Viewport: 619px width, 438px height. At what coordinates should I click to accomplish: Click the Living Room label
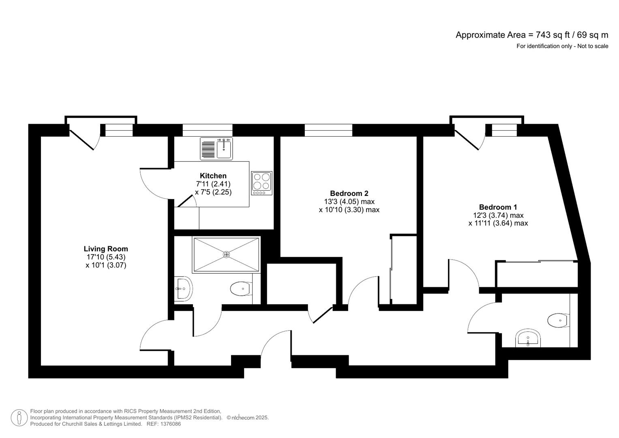[106, 249]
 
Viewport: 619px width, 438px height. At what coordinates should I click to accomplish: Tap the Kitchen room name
[213, 176]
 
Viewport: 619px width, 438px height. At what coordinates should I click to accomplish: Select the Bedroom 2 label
[349, 193]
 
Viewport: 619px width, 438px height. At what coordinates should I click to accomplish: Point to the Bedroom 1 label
[498, 207]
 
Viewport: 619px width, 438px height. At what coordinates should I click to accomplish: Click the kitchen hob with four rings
[262, 183]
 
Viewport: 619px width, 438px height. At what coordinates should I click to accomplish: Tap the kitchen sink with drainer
[216, 149]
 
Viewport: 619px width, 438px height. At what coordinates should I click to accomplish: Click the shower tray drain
[226, 254]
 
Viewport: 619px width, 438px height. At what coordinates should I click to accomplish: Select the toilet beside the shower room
[241, 289]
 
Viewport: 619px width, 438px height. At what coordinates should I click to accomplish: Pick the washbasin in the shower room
[183, 289]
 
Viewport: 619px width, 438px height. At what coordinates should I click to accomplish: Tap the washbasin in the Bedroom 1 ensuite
[528, 338]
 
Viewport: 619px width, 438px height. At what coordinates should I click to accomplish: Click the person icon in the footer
[19, 418]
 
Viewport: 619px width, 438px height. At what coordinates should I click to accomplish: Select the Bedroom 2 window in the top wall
[329, 130]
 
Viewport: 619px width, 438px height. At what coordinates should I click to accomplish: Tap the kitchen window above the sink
[208, 130]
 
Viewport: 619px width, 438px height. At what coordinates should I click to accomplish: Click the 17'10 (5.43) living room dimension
[106, 257]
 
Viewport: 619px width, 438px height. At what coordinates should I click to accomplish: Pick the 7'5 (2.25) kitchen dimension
[213, 192]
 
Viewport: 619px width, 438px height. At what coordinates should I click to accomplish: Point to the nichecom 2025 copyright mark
[248, 418]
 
